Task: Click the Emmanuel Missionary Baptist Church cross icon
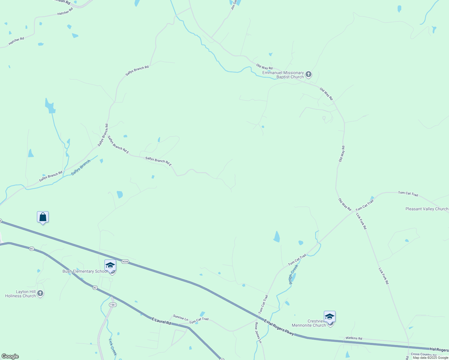point(308,74)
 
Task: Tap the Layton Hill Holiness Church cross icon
point(40,293)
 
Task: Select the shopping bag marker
point(43,217)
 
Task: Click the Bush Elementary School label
point(85,271)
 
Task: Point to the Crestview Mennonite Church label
point(309,323)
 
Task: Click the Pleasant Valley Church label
point(426,209)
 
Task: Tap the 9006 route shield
point(125,262)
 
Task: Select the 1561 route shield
point(113,305)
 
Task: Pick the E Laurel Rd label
point(161,321)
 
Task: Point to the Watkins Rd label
point(354,338)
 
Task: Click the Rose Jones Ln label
point(258,333)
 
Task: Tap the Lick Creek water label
point(113,347)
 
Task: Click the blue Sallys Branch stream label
point(81,168)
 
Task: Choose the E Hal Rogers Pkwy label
point(279,327)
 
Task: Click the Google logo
point(10,356)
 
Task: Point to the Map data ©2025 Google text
point(430,358)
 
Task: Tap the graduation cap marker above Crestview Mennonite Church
point(330,317)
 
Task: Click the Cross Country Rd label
point(423,354)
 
